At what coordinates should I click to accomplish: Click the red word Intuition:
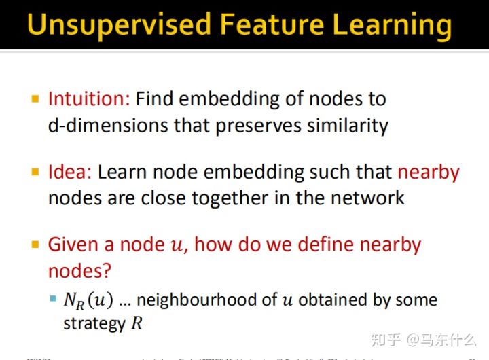pyautogui.click(x=88, y=99)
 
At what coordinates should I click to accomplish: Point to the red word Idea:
pyautogui.click(x=70, y=172)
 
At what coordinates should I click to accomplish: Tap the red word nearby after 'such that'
pyautogui.click(x=429, y=172)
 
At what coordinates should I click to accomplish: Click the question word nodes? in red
pyautogui.click(x=79, y=270)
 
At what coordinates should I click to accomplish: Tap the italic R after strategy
pyautogui.click(x=137, y=323)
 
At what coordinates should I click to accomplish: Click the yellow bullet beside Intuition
pyautogui.click(x=36, y=99)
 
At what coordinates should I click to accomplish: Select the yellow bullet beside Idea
pyautogui.click(x=36, y=172)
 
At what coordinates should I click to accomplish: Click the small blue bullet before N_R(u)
pyautogui.click(x=52, y=299)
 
